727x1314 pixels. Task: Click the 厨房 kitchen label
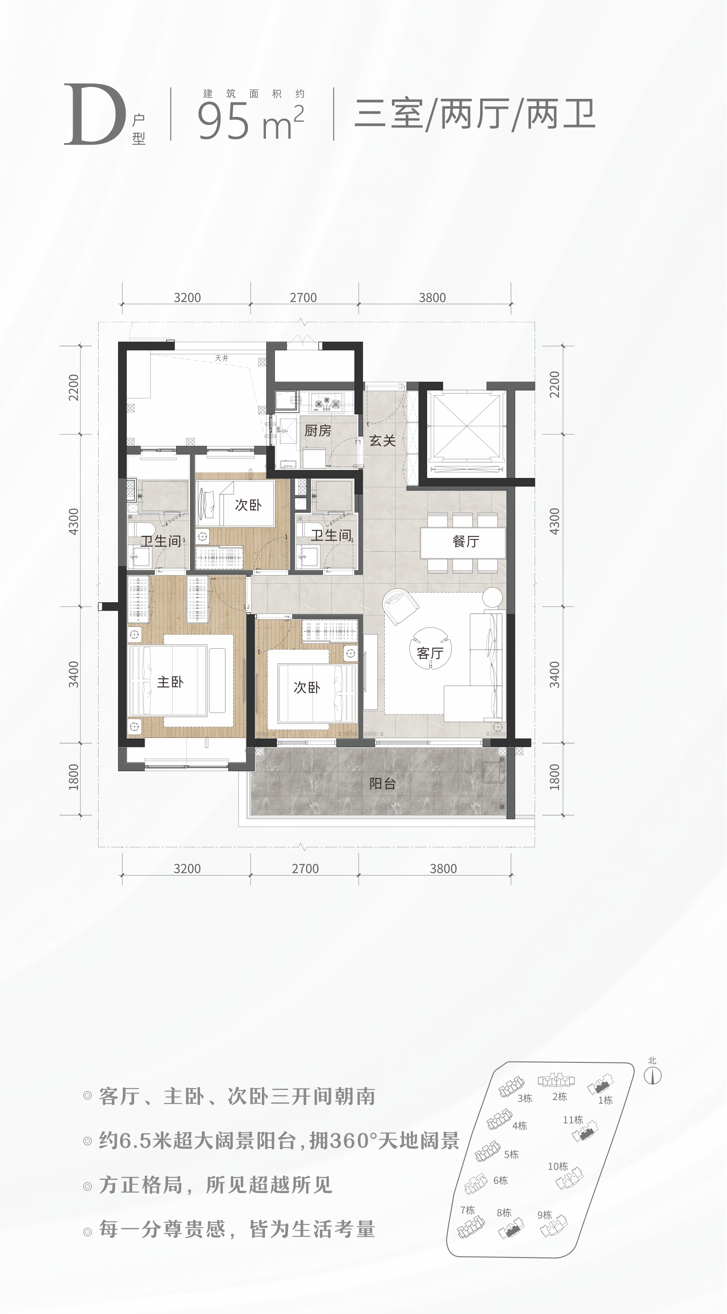click(318, 431)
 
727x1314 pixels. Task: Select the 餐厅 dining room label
click(466, 541)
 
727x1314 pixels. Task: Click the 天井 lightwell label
click(222, 358)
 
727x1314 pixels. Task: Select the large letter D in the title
click(95, 115)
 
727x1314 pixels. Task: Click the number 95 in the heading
click(224, 121)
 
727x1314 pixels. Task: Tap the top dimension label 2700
click(303, 297)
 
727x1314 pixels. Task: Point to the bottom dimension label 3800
click(443, 868)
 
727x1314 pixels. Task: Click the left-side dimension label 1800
click(74, 777)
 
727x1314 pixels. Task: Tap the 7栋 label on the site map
click(468, 1210)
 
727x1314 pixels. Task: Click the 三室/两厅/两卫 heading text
click(475, 115)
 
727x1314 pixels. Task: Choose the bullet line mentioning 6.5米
click(279, 1140)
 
